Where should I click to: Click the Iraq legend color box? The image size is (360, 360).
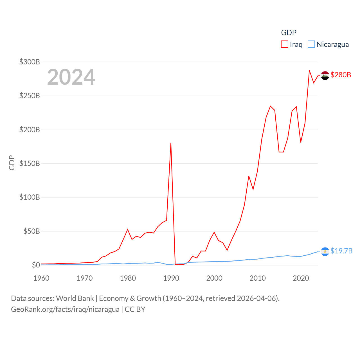pyautogui.click(x=285, y=44)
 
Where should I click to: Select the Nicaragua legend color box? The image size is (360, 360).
pyautogui.click(x=311, y=44)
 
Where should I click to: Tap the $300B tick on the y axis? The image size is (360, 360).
pyautogui.click(x=30, y=62)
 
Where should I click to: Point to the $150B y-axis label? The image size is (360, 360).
pyautogui.click(x=30, y=163)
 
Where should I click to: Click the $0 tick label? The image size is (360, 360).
pyautogui.click(x=36, y=265)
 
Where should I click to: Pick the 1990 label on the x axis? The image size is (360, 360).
pyautogui.click(x=171, y=278)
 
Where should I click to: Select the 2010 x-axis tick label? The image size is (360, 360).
pyautogui.click(x=258, y=278)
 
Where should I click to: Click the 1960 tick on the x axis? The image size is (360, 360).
pyautogui.click(x=41, y=278)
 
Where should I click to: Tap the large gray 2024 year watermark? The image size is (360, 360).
pyautogui.click(x=71, y=77)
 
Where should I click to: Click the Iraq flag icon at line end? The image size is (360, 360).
pyautogui.click(x=325, y=75)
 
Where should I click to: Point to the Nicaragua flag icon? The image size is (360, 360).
pyautogui.click(x=325, y=251)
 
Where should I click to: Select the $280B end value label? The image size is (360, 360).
pyautogui.click(x=341, y=75)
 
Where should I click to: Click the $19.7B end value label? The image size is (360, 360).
pyautogui.click(x=341, y=251)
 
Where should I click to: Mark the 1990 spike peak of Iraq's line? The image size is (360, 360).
pyautogui.click(x=171, y=143)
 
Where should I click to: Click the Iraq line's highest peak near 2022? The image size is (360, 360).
pyautogui.click(x=309, y=71)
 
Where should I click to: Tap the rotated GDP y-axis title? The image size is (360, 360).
pyautogui.click(x=12, y=163)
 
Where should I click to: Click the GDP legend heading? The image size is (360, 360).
pyautogui.click(x=289, y=33)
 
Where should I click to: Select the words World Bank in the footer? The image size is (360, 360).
pyautogui.click(x=75, y=298)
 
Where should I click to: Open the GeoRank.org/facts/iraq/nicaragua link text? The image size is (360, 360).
pyautogui.click(x=65, y=309)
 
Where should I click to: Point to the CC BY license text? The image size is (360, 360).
pyautogui.click(x=135, y=309)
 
